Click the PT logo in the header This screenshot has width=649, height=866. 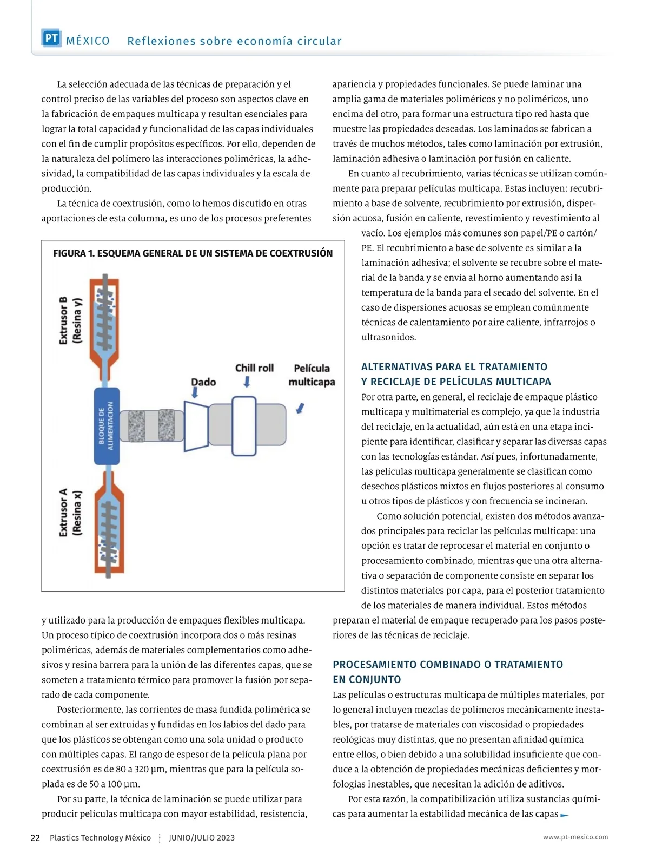pyautogui.click(x=51, y=38)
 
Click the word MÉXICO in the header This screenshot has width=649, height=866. pyautogui.click(x=88, y=41)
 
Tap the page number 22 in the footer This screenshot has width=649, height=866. pyautogui.click(x=35, y=838)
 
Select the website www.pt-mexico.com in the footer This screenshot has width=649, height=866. pyautogui.click(x=575, y=837)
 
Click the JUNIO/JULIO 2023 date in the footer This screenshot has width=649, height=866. pyautogui.click(x=202, y=838)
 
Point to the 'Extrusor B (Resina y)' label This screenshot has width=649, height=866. pyautogui.click(x=70, y=320)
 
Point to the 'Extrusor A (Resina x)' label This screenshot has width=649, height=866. pyautogui.click(x=70, y=512)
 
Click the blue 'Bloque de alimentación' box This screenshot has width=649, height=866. pyautogui.click(x=107, y=426)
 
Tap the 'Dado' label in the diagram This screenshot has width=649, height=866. pyautogui.click(x=203, y=382)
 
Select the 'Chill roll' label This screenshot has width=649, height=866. pyautogui.click(x=254, y=368)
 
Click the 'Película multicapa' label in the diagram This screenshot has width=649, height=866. pyautogui.click(x=312, y=375)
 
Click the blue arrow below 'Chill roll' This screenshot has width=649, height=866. pyautogui.click(x=247, y=382)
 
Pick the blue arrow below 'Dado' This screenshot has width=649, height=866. pyautogui.click(x=195, y=393)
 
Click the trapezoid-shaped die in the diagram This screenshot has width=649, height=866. pyautogui.click(x=196, y=425)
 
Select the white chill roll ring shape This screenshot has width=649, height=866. pyautogui.click(x=244, y=426)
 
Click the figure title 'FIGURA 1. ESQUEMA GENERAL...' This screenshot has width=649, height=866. pyautogui.click(x=193, y=253)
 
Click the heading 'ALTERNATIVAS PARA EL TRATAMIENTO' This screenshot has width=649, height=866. pyautogui.click(x=454, y=367)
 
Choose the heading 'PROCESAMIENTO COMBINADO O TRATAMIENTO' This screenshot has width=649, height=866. pyautogui.click(x=448, y=665)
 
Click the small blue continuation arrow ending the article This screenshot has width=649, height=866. pyautogui.click(x=565, y=815)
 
